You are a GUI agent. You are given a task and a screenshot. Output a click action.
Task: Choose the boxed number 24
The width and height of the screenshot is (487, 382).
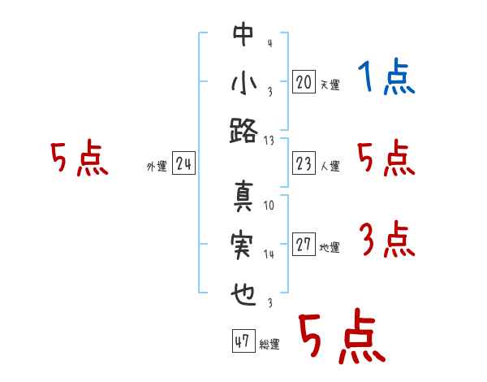(x=183, y=164)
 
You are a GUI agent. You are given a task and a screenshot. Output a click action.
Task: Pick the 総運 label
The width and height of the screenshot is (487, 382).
(x=269, y=345)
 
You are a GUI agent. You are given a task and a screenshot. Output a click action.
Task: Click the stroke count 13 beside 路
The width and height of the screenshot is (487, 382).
(x=269, y=140)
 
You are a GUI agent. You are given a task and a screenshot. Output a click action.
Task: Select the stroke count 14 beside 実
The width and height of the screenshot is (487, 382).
(x=269, y=254)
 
